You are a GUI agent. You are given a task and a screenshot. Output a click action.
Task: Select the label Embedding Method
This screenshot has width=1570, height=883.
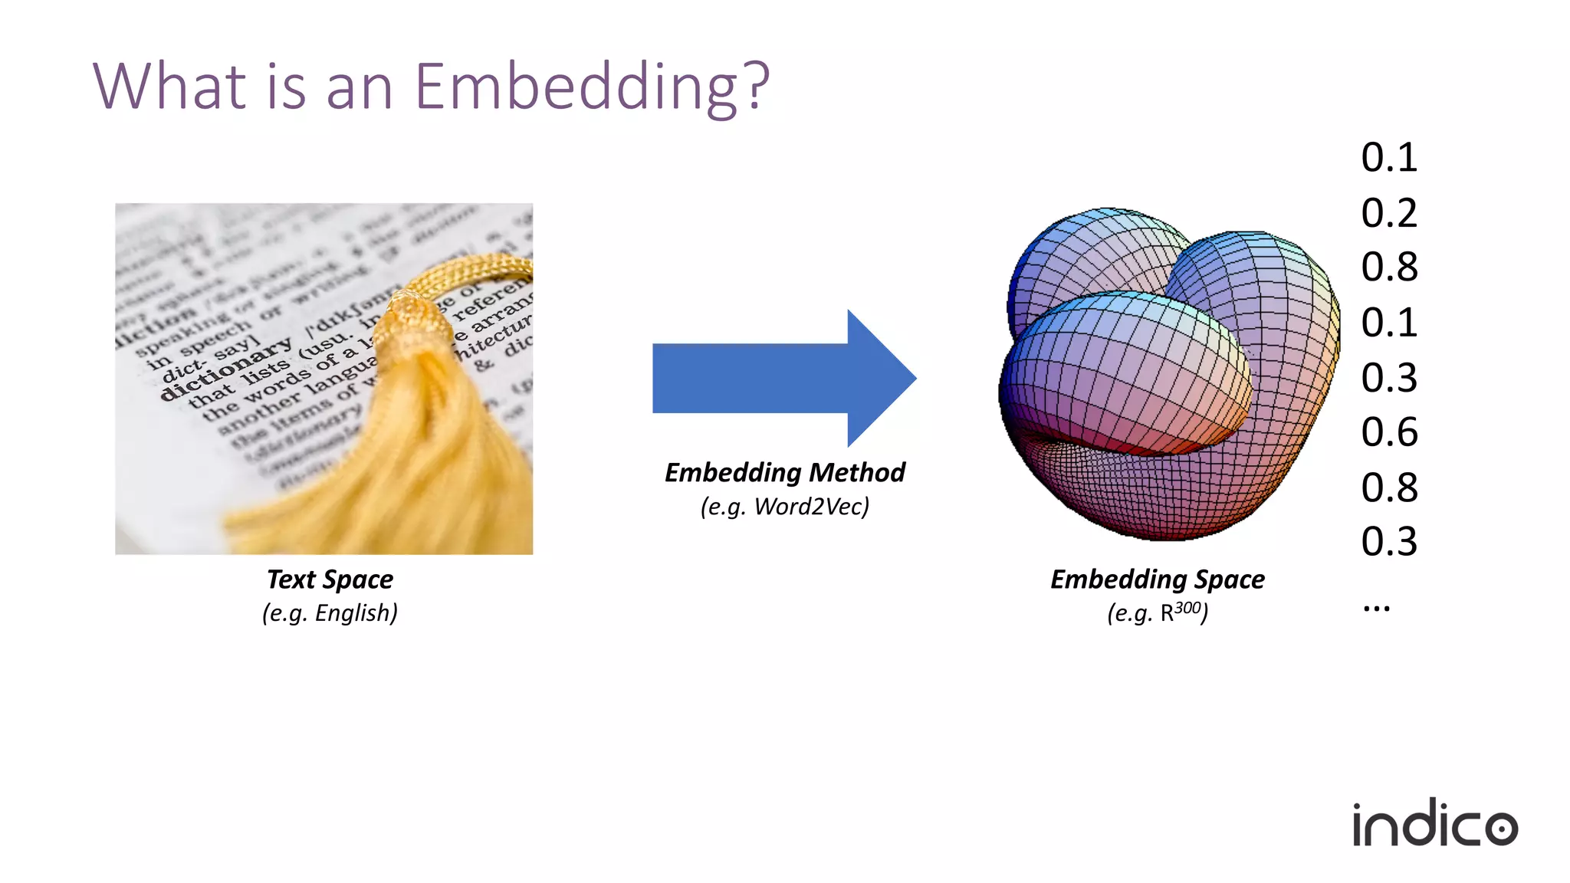pos(784,472)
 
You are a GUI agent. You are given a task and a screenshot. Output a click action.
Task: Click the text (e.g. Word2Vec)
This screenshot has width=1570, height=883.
pos(784,507)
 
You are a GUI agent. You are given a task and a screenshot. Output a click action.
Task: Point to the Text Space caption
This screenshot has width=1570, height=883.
pos(330,579)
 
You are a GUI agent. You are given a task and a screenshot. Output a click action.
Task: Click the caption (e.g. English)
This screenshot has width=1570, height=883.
pos(330,613)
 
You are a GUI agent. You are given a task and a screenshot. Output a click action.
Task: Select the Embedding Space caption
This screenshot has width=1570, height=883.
pos(1157,579)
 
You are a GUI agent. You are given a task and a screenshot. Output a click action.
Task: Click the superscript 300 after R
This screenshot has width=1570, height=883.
pos(1187,608)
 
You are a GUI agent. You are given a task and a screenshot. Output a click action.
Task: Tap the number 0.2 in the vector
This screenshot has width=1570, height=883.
pos(1388,213)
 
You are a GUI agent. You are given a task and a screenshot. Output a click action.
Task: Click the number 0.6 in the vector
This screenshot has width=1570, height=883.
pos(1388,432)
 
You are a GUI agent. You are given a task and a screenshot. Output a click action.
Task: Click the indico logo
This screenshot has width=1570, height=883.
pos(1434,825)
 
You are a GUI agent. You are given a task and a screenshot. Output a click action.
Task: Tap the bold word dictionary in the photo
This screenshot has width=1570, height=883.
pos(227,368)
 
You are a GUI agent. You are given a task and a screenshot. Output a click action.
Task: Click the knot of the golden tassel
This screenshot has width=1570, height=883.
pos(414,322)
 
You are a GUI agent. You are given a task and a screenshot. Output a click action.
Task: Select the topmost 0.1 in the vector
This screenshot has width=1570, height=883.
pos(1388,158)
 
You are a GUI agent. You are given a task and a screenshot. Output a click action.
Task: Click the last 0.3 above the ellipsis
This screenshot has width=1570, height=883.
pos(1388,542)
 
